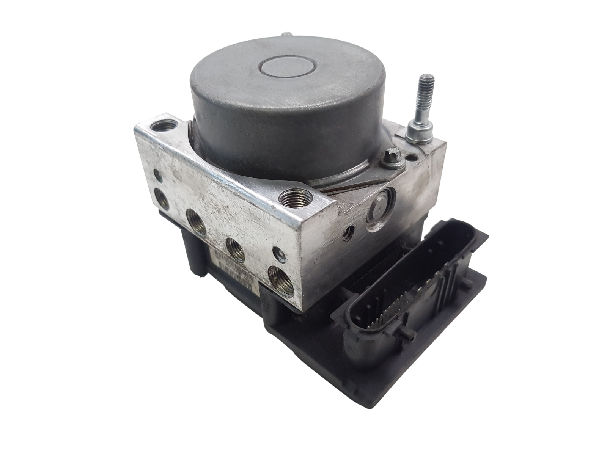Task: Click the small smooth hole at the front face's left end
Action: [x=157, y=175]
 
